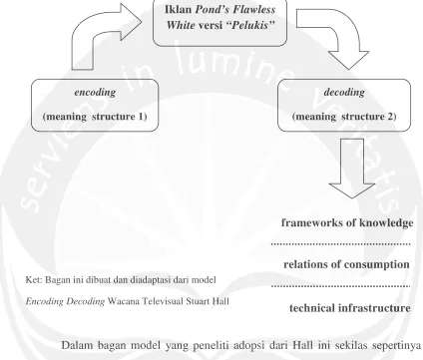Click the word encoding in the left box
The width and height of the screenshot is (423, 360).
(x=95, y=92)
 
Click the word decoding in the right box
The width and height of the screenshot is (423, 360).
(x=344, y=92)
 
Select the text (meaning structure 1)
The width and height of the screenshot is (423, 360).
(x=95, y=117)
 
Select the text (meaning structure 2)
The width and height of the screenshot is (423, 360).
(x=344, y=117)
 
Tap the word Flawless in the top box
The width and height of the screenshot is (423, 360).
(x=254, y=9)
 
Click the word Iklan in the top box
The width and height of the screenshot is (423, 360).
(x=179, y=9)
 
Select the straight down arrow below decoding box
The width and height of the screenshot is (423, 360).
(x=352, y=168)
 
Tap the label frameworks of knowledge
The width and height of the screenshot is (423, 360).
(x=347, y=222)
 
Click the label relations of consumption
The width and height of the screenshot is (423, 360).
(x=346, y=264)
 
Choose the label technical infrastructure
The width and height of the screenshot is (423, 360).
(x=350, y=308)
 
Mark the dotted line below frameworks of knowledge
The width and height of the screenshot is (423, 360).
(x=341, y=244)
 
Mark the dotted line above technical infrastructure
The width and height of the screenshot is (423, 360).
(x=341, y=286)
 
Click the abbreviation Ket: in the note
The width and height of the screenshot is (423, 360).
(x=34, y=280)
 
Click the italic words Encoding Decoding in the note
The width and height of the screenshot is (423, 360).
(x=65, y=301)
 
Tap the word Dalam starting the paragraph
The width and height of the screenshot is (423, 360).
(x=77, y=345)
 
